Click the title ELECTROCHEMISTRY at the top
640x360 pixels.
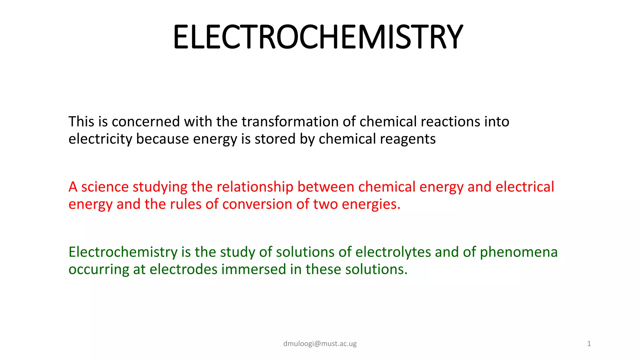pos(318,37)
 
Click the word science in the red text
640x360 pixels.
pos(105,187)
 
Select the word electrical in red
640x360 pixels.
pos(525,187)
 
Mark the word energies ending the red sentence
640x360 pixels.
pos(371,204)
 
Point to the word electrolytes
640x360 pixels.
pos(393,252)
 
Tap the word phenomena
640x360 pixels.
pos(518,252)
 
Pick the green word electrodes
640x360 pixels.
pos(183,269)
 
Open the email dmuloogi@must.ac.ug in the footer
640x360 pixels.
pos(320,344)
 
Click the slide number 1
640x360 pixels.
pos(589,344)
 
